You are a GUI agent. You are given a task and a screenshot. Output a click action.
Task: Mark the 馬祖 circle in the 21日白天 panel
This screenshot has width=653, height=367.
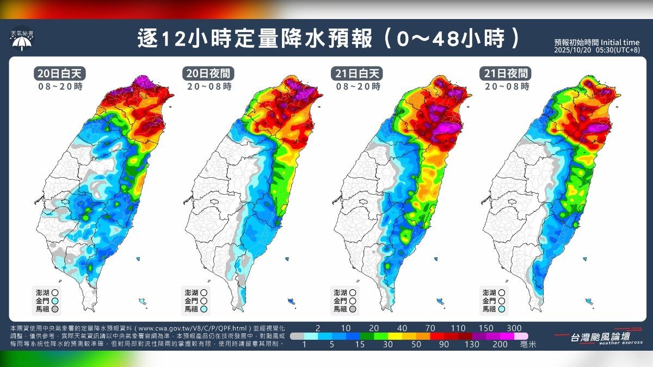click(x=353, y=309)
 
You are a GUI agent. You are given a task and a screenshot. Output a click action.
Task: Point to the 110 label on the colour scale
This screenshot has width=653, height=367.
click(x=458, y=328)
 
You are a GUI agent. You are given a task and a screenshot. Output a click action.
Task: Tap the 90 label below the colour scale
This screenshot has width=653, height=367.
click(x=443, y=345)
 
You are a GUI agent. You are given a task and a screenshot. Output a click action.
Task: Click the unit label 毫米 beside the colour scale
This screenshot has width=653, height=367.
click(x=529, y=345)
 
